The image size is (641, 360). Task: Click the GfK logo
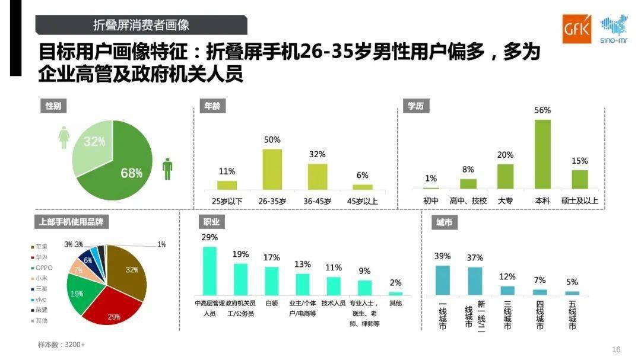[x=577, y=29]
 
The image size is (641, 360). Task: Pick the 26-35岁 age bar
[x=272, y=169]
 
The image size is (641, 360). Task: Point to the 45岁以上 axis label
[x=362, y=201]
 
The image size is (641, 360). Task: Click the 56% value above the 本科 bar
[x=542, y=110]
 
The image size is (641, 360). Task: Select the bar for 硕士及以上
[x=579, y=179]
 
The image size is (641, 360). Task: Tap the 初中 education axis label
[x=431, y=201]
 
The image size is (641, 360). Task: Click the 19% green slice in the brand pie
[x=80, y=293]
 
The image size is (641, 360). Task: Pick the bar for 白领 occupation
[x=272, y=281]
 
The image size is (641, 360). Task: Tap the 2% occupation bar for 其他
[x=395, y=293]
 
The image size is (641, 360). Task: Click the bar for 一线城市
[x=442, y=280]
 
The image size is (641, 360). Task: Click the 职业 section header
[x=212, y=222]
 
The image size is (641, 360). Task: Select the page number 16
[x=615, y=349]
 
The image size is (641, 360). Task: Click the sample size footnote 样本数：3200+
[x=62, y=345]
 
